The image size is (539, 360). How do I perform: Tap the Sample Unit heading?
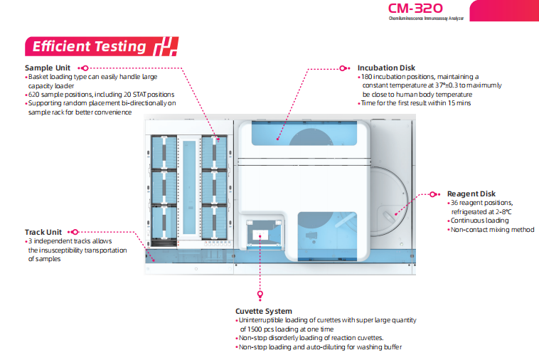click(48, 68)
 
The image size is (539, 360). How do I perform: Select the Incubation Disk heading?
click(388, 68)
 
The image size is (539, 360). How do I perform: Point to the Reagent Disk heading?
click(471, 194)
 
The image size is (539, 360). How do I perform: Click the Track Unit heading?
click(44, 232)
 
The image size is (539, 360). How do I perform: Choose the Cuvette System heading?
click(263, 311)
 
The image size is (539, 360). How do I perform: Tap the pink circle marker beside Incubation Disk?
click(344, 68)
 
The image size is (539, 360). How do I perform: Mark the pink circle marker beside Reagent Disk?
click(433, 193)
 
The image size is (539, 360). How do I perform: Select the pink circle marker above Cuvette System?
click(260, 294)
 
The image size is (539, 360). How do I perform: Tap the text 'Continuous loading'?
click(479, 221)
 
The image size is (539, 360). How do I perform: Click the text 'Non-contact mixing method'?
click(492, 229)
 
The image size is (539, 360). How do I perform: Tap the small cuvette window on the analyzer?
click(260, 233)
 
